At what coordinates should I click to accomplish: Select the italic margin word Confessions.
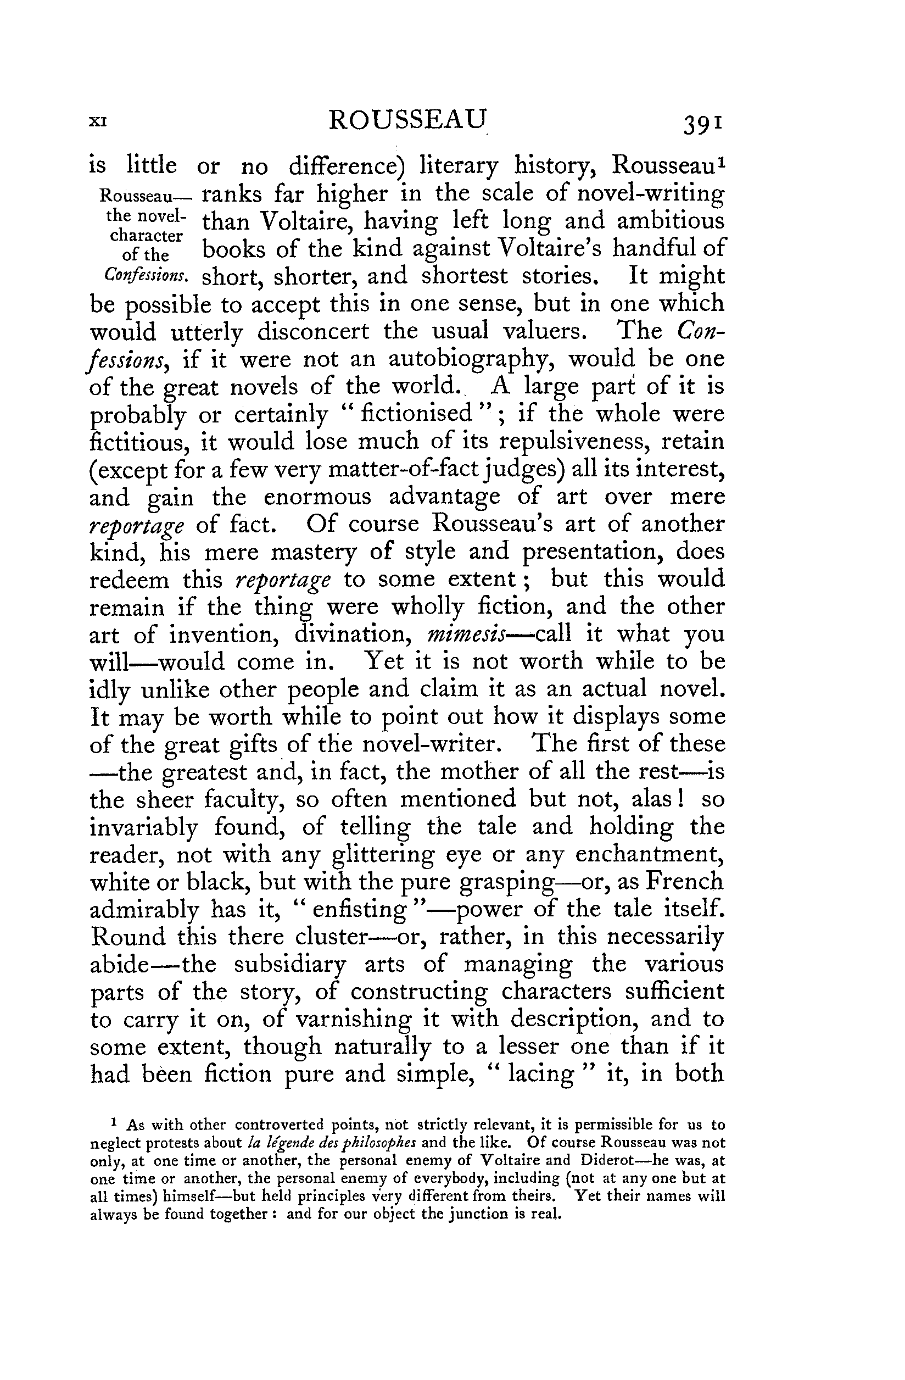pos(146,275)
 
